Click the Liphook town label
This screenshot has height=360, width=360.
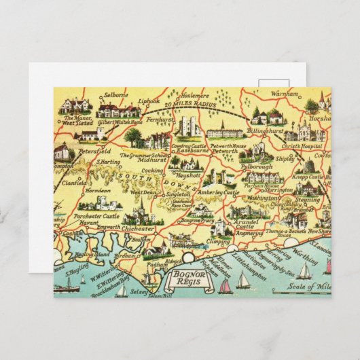[x=149, y=102]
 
